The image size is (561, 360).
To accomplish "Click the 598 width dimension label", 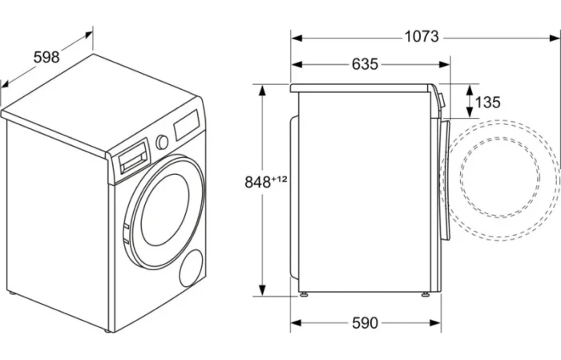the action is [x=46, y=57].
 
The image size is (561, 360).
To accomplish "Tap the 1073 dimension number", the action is [x=422, y=37].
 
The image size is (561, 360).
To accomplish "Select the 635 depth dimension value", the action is [x=365, y=64].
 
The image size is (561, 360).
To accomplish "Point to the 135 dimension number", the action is [x=487, y=103].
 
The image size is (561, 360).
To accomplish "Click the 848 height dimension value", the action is [x=257, y=182].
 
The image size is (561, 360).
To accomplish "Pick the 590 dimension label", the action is [x=365, y=323].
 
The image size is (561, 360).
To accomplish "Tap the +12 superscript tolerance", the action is [x=280, y=179].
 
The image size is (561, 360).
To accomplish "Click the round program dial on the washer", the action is [x=162, y=142].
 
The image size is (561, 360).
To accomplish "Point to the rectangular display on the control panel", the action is [x=187, y=124].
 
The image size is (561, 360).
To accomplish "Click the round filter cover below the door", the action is [x=192, y=268].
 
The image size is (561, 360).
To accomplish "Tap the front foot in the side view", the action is [x=426, y=294].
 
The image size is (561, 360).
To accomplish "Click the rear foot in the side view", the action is [x=304, y=294].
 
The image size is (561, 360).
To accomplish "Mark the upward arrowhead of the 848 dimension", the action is [x=262, y=90].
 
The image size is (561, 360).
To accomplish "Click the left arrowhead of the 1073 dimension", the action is [x=297, y=38].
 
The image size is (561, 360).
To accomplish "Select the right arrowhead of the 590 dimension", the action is [x=434, y=323].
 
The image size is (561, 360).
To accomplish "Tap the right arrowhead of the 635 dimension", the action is [x=444, y=65].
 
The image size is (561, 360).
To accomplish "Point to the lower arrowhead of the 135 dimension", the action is [x=469, y=112].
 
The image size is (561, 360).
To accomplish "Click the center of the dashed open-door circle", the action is [x=500, y=178].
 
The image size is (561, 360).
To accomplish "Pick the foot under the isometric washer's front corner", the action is [x=107, y=330].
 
